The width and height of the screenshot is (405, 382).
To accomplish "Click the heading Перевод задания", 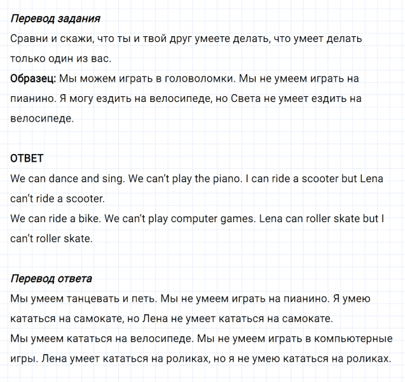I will pos(55,18).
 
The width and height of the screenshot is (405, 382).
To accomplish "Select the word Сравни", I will pos(29,39).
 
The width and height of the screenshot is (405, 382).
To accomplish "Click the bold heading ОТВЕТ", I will pos(27,159).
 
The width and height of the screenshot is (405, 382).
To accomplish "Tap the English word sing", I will pos(112,179).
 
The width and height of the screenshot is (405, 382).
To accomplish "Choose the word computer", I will pos(207,219).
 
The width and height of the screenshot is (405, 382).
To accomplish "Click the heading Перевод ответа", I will pos(51,278).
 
